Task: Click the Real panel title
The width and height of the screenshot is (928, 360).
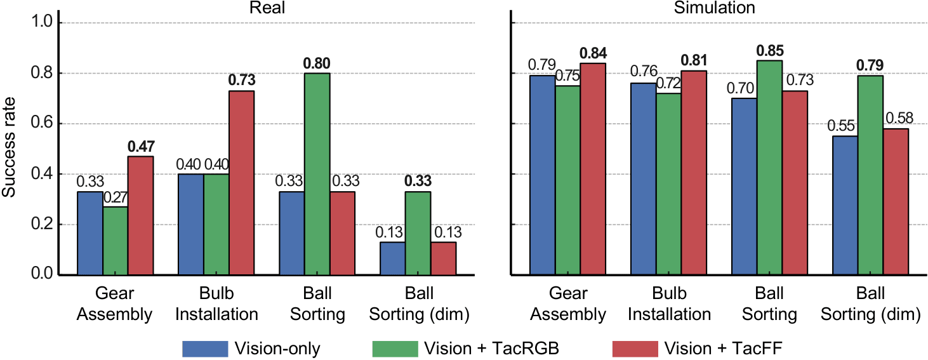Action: [x=266, y=8]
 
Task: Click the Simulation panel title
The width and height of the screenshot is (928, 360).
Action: [x=719, y=8]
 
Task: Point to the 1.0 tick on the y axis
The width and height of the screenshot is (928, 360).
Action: [x=46, y=23]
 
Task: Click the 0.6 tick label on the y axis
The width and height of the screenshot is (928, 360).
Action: [x=46, y=124]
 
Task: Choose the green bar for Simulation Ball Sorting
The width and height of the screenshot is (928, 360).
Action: [x=770, y=168]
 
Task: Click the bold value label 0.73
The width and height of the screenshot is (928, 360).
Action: [x=242, y=80]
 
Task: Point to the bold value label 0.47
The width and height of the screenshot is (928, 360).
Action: [x=140, y=146]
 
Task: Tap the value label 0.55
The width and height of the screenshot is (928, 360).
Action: [x=841, y=126]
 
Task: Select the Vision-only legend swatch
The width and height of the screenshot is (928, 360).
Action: [x=204, y=349]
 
